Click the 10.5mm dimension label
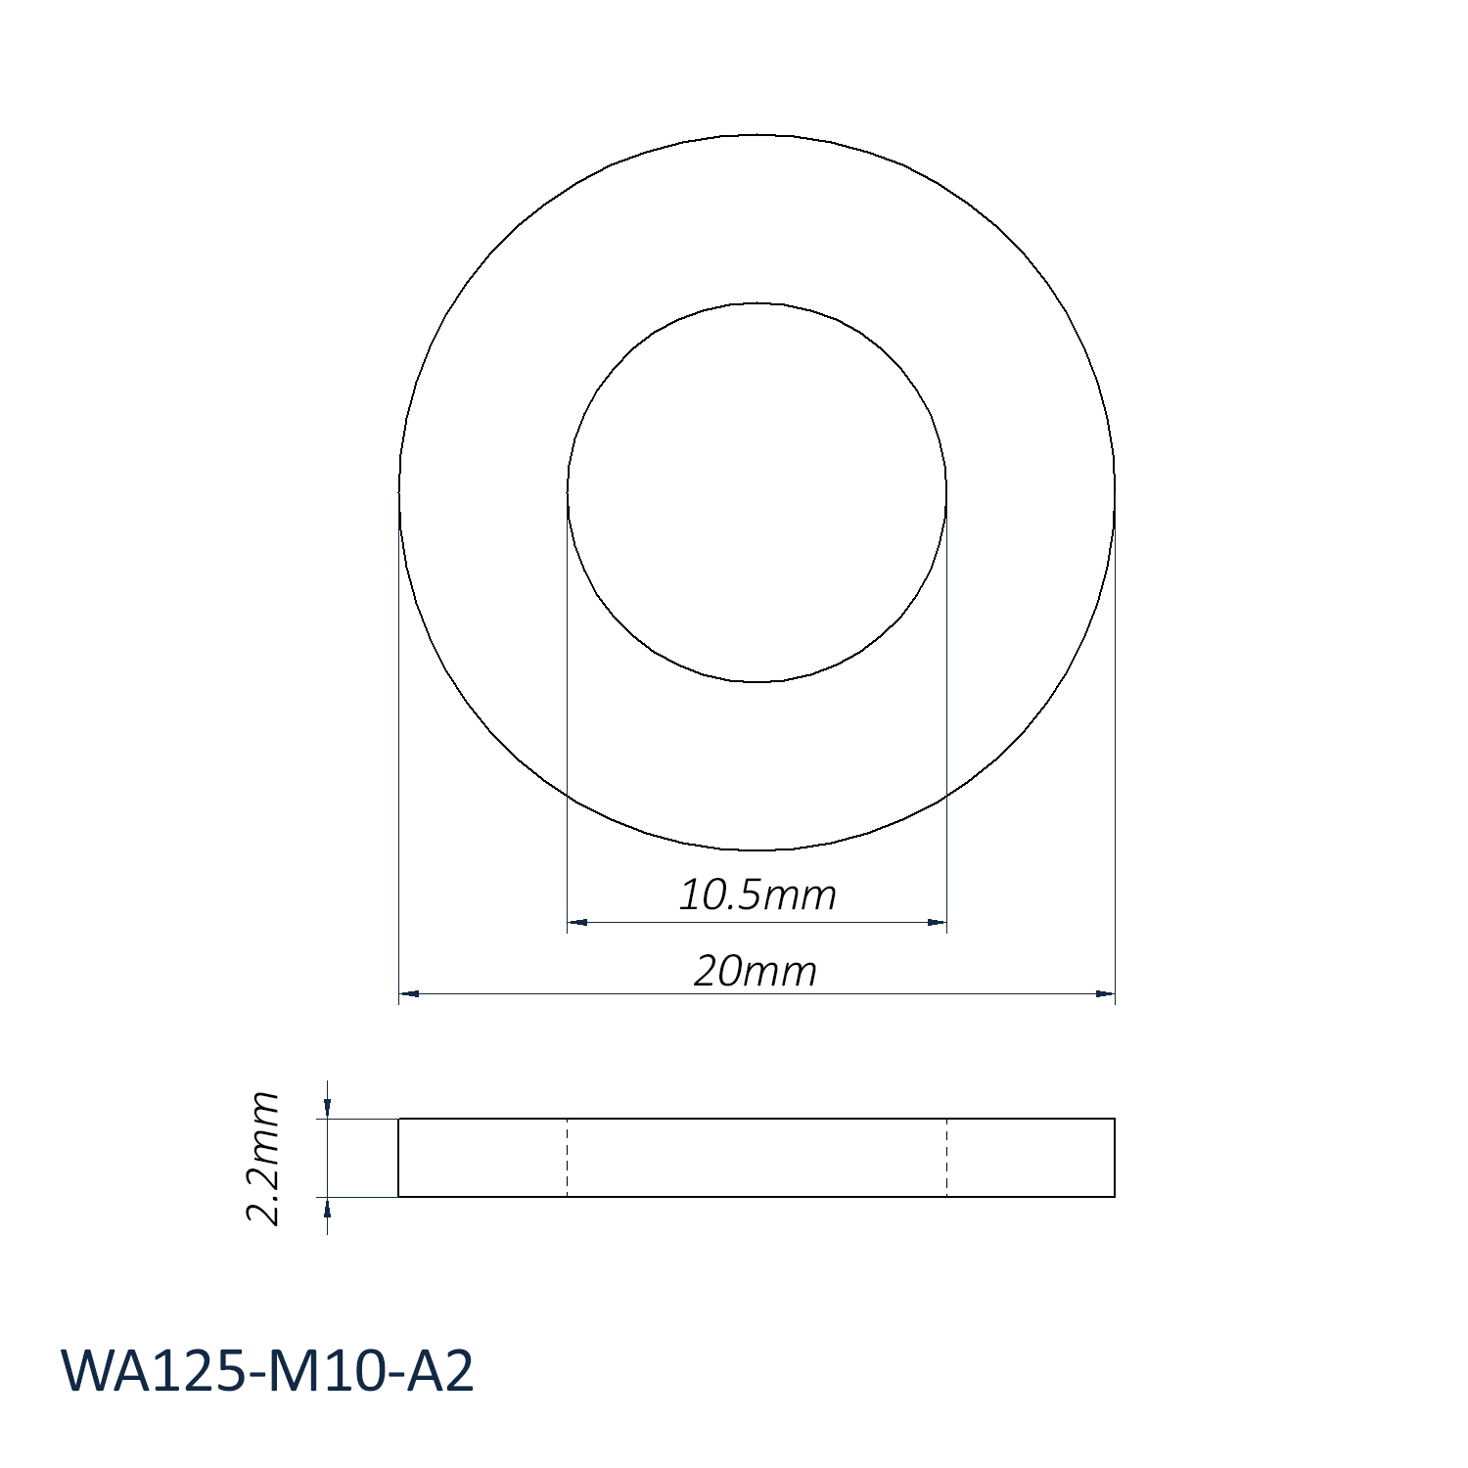coord(757,895)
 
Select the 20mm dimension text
coord(756,971)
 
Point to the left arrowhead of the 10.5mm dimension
coord(577,922)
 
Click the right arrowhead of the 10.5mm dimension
coord(937,922)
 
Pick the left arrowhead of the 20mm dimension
coord(409,993)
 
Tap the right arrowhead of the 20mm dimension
coord(1105,993)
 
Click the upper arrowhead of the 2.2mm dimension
coord(328,1107)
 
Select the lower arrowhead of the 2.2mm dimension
coord(328,1208)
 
